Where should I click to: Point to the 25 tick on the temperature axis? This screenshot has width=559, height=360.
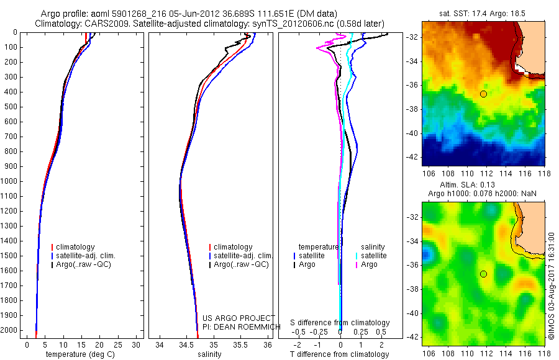click(118, 344)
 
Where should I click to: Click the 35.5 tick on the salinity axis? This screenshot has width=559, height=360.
click(240, 344)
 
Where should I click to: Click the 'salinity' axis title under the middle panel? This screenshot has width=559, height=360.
click(209, 354)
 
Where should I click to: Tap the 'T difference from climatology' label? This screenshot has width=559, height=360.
click(340, 354)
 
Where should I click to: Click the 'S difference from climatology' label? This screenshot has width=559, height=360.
click(340, 323)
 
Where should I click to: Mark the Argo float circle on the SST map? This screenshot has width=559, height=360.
click(483, 94)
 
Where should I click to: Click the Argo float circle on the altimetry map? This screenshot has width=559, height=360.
click(483, 274)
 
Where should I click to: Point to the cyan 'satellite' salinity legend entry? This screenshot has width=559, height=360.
click(373, 256)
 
